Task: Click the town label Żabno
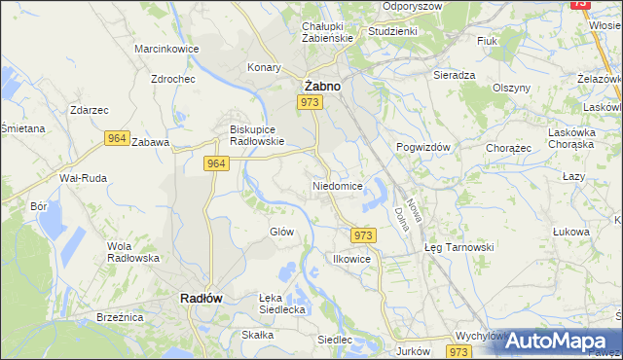[x=321, y=86]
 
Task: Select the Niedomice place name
[x=338, y=185]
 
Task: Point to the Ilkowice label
[x=351, y=260]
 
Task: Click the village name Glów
[x=281, y=232]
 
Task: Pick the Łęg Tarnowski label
[x=459, y=247]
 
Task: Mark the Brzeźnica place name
[x=120, y=317]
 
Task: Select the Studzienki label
[x=392, y=31]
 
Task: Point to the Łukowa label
[x=571, y=232]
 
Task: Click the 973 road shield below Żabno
[x=311, y=102]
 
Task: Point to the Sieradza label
[x=454, y=74]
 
